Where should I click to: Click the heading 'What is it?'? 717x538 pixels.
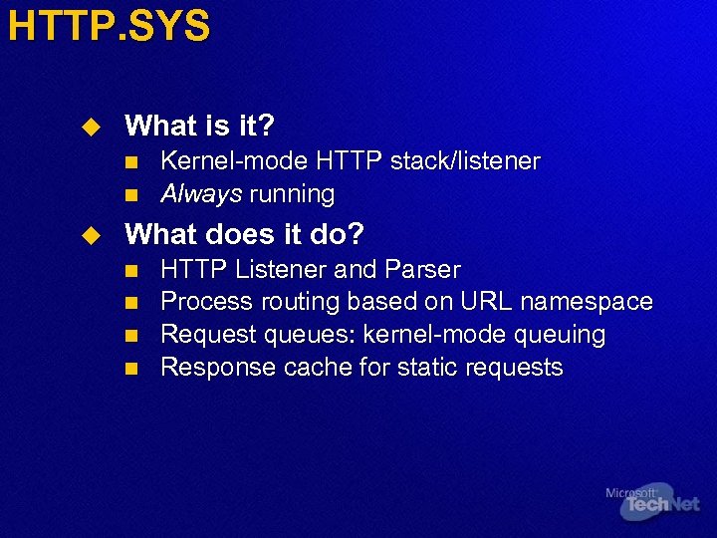tap(199, 127)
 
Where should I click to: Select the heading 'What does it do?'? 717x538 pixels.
tap(244, 235)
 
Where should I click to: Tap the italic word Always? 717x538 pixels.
tap(201, 193)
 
